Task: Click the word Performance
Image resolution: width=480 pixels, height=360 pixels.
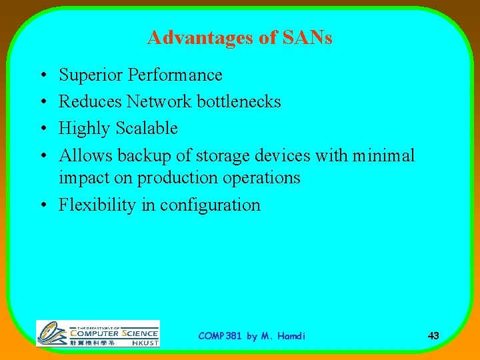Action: pyautogui.click(x=175, y=75)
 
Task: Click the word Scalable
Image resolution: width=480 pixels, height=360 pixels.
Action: pyautogui.click(x=147, y=128)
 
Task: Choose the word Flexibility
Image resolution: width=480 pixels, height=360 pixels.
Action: pyautogui.click(x=97, y=205)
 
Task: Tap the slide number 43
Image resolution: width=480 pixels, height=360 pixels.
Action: pyautogui.click(x=433, y=335)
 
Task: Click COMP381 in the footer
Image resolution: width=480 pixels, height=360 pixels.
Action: pyautogui.click(x=221, y=336)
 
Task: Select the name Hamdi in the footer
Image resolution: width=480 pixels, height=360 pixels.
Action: pyautogui.click(x=291, y=336)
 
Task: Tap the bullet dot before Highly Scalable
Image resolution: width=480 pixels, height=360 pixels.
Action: pyautogui.click(x=42, y=129)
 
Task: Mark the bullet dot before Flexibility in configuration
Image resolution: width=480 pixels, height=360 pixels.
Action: pyautogui.click(x=42, y=205)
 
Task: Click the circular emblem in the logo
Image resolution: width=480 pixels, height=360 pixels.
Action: pyautogui.click(x=51, y=333)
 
